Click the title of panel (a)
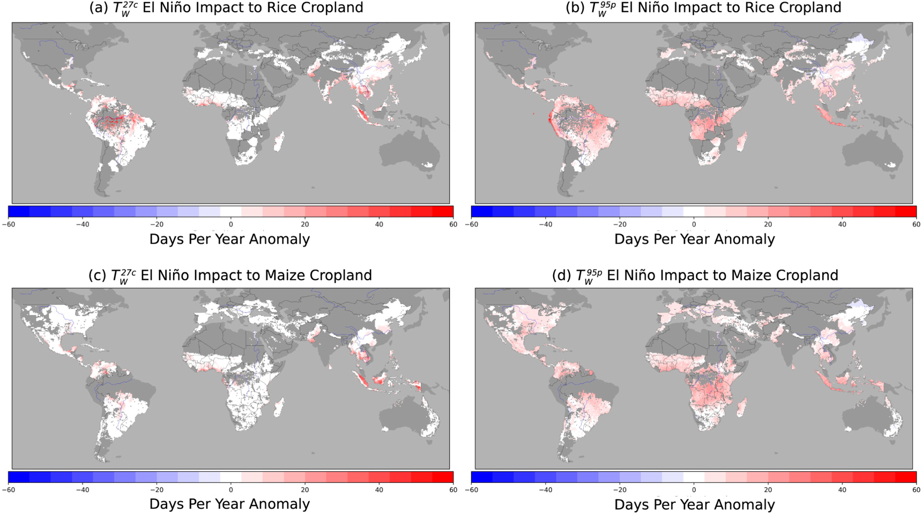pyautogui.click(x=226, y=8)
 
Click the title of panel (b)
pyautogui.click(x=703, y=8)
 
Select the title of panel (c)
pyautogui.click(x=230, y=275)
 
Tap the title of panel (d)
pyautogui.click(x=695, y=275)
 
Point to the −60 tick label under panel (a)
pyautogui.click(x=9, y=224)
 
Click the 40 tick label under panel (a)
pyautogui.click(x=379, y=224)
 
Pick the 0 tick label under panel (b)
pyautogui.click(x=694, y=224)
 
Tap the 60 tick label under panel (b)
pyautogui.click(x=916, y=224)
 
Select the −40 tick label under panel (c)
pyautogui.click(x=83, y=489)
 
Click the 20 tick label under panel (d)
pyautogui.click(x=768, y=489)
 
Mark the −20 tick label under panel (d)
pyautogui.click(x=620, y=489)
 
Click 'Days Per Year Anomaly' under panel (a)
pyautogui.click(x=229, y=239)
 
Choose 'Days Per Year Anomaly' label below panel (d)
pyautogui.click(x=694, y=504)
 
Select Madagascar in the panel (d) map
pyautogui.click(x=742, y=408)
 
